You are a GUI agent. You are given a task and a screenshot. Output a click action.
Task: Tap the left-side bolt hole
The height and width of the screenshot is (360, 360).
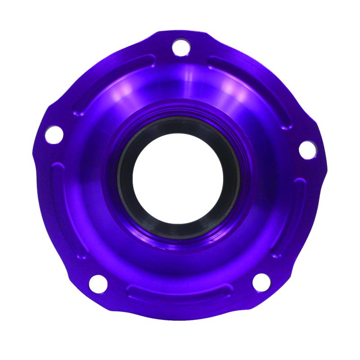tap(54, 134)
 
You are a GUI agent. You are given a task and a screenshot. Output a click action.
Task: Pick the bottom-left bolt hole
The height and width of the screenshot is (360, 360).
tap(98, 283)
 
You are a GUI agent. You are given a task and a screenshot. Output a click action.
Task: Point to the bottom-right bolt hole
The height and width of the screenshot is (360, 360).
tap(261, 282)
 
